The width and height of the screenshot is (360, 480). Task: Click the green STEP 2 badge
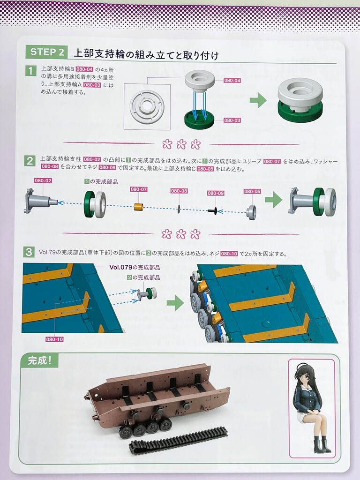point(47,52)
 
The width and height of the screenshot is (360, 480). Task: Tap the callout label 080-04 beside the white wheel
point(232,81)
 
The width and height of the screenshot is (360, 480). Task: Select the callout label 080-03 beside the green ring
point(232,120)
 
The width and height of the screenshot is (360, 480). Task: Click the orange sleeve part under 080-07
point(139,206)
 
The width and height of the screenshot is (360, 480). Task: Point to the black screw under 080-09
point(213,210)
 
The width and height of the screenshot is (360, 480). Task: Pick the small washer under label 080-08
point(179,209)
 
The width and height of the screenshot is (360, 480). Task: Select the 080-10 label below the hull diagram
point(54,339)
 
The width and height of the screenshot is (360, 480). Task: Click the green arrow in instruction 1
point(258,100)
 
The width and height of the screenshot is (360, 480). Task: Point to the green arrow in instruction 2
point(273,201)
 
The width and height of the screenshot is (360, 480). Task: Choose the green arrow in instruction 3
point(175,303)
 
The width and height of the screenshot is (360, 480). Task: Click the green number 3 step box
point(29,252)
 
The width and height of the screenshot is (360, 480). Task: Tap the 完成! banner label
point(39,360)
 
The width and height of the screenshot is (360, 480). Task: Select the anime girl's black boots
point(320,445)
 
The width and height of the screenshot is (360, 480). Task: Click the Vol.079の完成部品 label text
point(135,267)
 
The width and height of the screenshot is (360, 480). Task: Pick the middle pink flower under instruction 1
point(181,143)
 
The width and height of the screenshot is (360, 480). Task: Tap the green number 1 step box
point(30,71)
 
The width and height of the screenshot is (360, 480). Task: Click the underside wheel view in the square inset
point(147,107)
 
